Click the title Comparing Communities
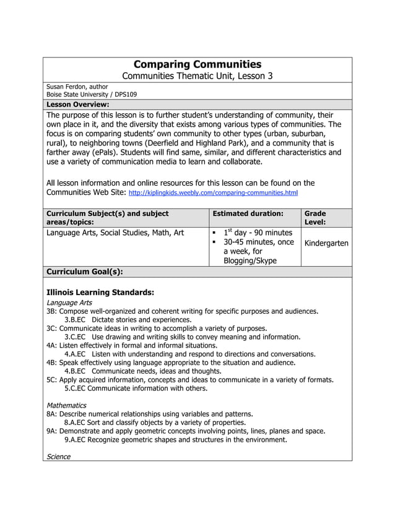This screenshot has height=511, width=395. [x=197, y=64]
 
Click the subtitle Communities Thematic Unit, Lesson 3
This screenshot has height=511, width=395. [x=197, y=76]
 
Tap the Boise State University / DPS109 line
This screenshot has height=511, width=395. [x=92, y=95]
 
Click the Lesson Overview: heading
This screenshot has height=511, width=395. [x=78, y=105]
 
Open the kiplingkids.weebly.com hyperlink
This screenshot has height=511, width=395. [x=213, y=193]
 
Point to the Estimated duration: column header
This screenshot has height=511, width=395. [x=248, y=213]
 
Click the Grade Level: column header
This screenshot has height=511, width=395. [x=315, y=217]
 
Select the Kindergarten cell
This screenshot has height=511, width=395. [x=326, y=243]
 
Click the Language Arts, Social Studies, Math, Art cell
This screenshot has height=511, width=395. [x=115, y=233]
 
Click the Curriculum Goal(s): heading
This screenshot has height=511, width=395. [x=85, y=272]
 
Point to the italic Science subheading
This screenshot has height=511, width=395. [x=59, y=457]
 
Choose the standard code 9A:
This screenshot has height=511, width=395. [x=52, y=431]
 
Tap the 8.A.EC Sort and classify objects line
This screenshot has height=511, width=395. [x=155, y=423]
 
